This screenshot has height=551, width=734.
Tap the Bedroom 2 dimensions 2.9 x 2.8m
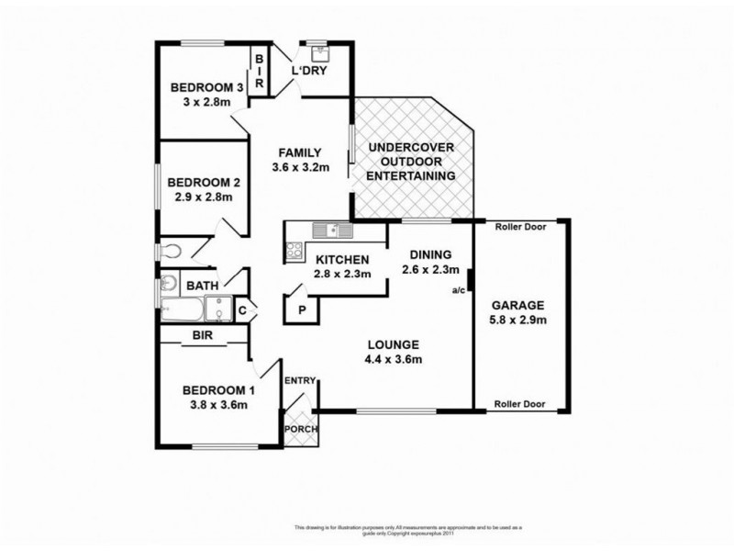(x=201, y=197)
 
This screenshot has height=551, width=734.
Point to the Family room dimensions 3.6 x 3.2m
(x=300, y=168)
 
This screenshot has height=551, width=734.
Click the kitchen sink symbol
(x=325, y=231)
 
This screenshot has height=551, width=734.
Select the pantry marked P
(x=302, y=310)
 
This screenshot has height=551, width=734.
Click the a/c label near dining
(x=458, y=291)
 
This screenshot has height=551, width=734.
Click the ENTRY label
(x=299, y=380)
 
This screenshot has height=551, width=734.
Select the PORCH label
(x=298, y=429)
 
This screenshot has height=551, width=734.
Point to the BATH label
(x=203, y=287)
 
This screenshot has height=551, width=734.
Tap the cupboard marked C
(x=242, y=309)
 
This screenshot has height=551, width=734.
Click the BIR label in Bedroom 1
(x=203, y=337)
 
